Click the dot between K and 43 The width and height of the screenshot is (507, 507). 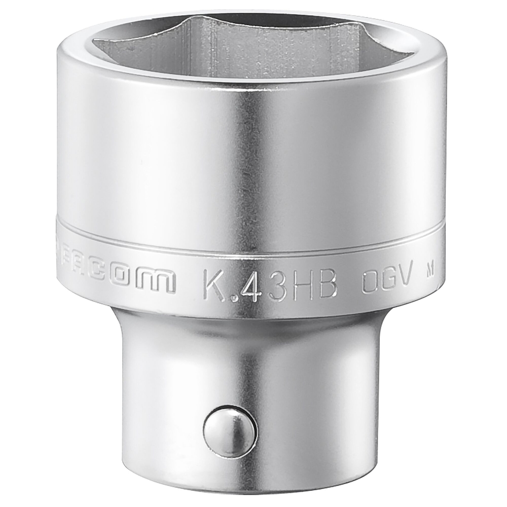click(232, 293)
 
